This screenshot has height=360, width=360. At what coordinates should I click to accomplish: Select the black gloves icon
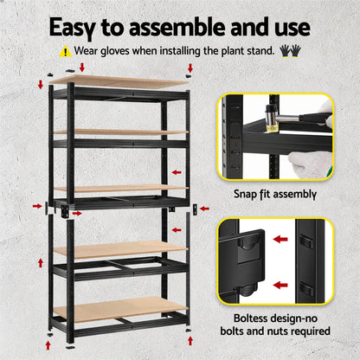coord(290,51)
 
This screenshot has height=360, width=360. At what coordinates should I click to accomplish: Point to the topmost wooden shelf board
coord(121,82)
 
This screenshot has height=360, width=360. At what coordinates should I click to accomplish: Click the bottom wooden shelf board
coord(121,306)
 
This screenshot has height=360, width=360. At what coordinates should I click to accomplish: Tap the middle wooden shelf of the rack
coord(121,188)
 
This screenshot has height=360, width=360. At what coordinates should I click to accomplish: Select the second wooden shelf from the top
coord(121,132)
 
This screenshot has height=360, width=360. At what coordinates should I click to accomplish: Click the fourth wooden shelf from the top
coord(121,249)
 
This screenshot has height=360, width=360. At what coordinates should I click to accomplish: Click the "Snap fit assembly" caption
coord(274,194)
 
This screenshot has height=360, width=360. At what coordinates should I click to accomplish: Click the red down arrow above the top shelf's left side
coord(81,67)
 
